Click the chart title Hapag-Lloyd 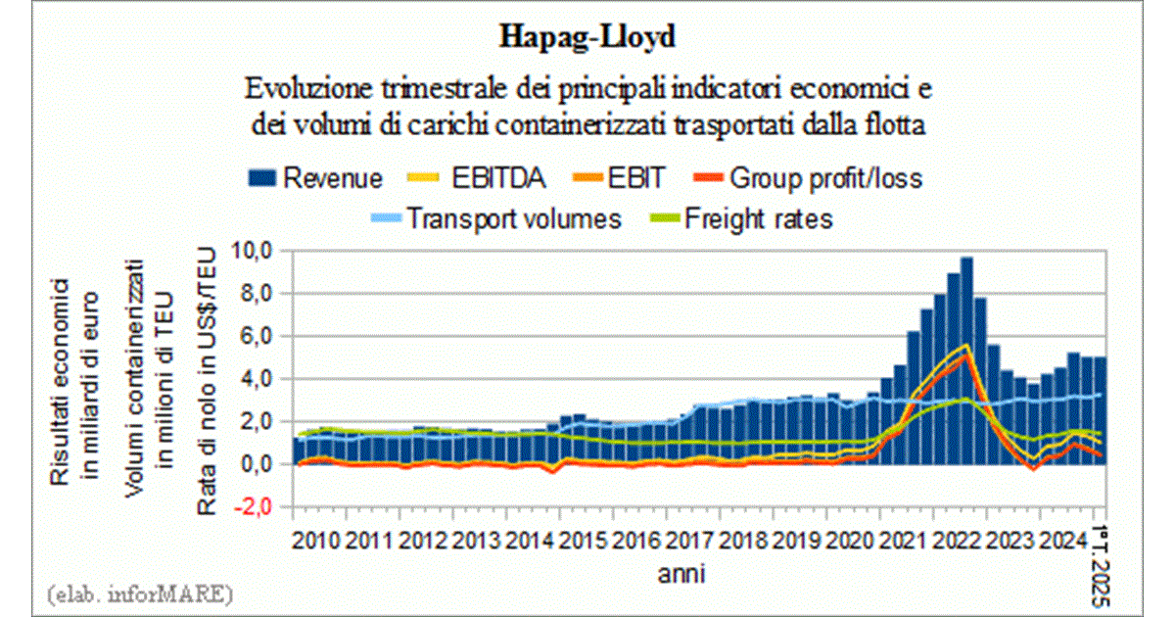coord(587,37)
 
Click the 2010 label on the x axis coord(317,539)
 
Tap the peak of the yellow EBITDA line coord(966,346)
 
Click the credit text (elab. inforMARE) coord(138,593)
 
